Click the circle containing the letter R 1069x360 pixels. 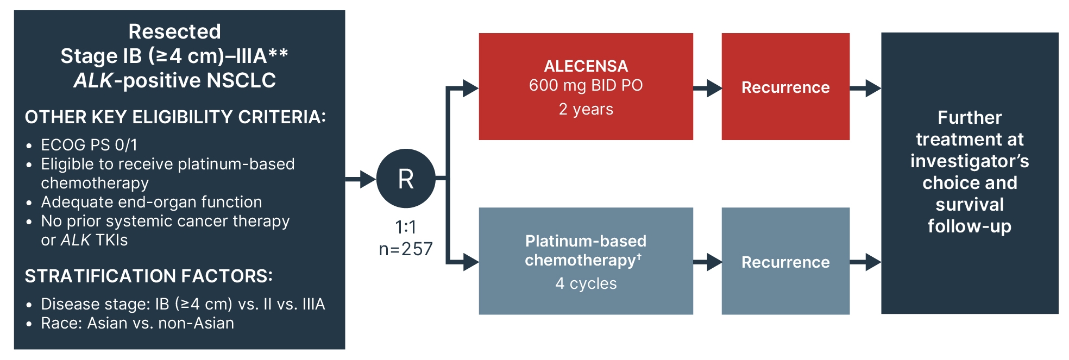tap(406, 178)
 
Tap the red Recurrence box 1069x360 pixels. tap(785, 87)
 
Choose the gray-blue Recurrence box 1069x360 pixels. tap(785, 262)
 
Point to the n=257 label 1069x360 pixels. tap(406, 249)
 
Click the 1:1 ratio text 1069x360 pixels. tap(406, 227)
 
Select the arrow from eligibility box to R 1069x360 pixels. tap(361, 178)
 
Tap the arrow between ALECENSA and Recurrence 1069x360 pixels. tap(707, 87)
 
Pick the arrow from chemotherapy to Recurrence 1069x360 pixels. tap(707, 262)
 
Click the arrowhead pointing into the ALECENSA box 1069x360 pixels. tap(470, 87)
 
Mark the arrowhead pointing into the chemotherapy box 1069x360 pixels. tap(470, 262)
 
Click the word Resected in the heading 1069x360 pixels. tap(174, 31)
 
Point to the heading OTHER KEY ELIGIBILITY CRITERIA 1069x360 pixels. tap(175, 117)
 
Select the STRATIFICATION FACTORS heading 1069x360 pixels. tap(149, 276)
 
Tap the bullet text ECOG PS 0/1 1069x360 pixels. tap(89, 145)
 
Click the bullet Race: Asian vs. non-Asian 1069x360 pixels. tap(137, 323)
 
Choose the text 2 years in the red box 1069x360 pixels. tap(586, 109)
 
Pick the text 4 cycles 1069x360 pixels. tap(586, 283)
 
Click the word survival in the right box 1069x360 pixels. tap(970, 205)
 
